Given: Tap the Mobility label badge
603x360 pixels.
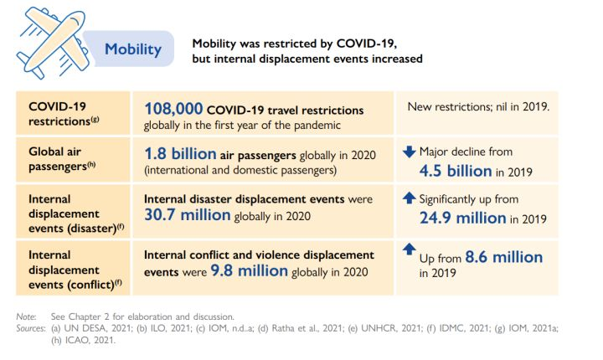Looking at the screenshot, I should (132, 49).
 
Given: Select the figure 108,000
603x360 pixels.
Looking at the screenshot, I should (173, 109).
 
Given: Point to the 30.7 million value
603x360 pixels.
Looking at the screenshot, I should (187, 215).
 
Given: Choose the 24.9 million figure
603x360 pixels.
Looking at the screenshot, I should (462, 218).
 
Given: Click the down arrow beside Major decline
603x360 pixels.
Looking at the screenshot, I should (409, 152).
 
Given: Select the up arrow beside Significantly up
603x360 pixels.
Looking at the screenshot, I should (409, 199).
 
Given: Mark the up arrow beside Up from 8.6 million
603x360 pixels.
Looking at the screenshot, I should (409, 249).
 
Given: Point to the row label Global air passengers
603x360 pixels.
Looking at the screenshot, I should (59, 160).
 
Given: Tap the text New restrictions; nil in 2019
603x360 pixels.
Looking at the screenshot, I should (477, 107).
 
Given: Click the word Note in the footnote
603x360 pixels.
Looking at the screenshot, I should (26, 316).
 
